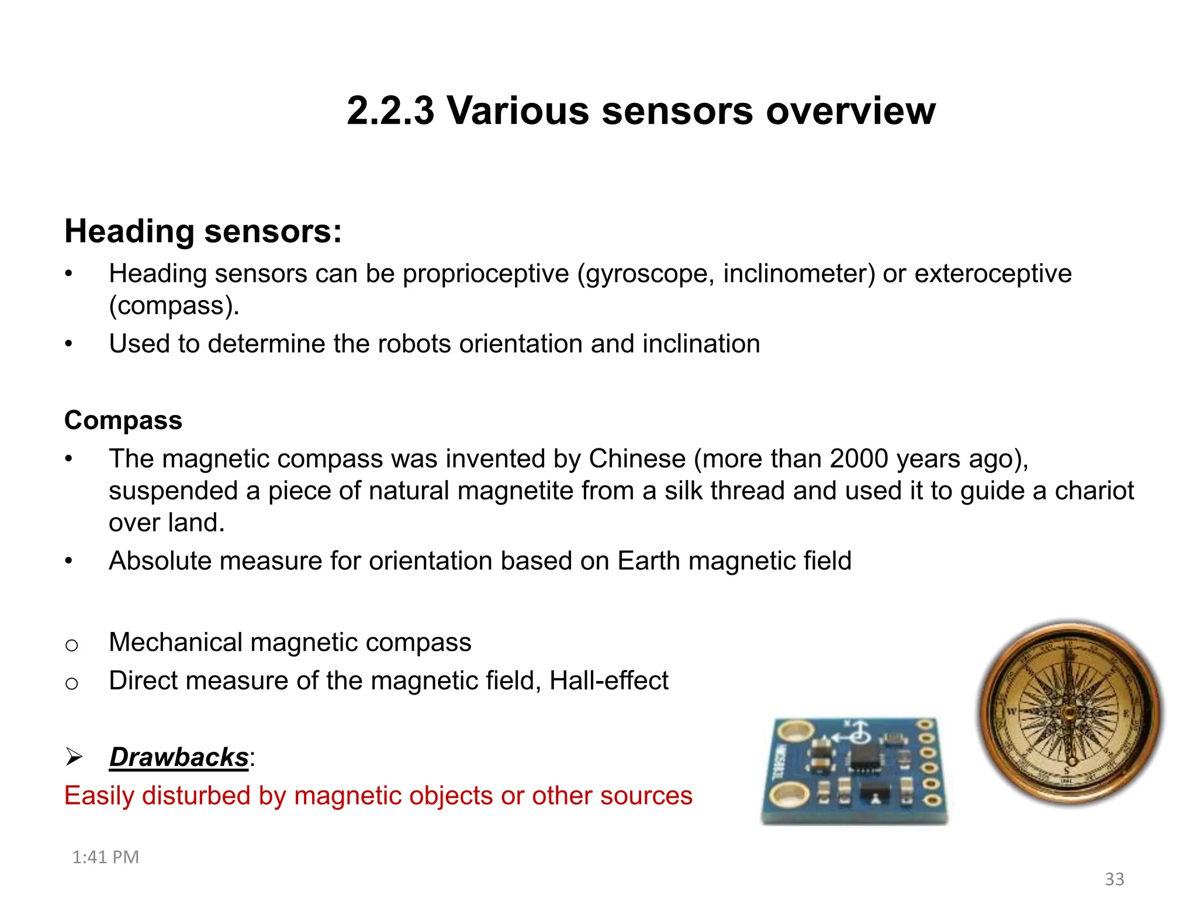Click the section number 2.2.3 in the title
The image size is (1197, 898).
point(390,111)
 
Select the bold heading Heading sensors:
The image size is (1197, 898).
point(203,232)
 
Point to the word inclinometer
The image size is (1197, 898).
point(799,274)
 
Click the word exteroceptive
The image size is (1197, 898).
point(993,274)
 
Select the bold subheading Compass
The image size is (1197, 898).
point(123,420)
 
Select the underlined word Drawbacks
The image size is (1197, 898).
point(179,758)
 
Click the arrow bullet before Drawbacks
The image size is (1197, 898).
point(74,757)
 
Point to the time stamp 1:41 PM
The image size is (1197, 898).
point(105,858)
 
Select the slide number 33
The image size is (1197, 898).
point(1114,879)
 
